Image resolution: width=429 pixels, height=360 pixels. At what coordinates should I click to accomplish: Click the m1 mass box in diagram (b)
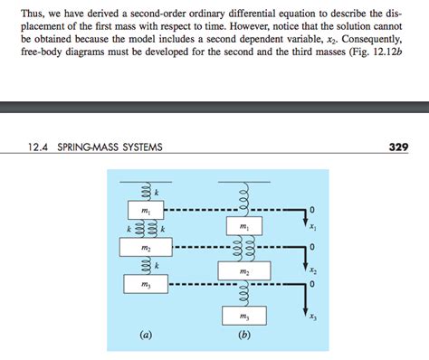click(242, 226)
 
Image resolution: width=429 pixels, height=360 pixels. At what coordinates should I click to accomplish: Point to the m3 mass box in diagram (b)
click(242, 317)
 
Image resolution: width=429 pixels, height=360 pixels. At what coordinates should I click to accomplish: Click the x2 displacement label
click(312, 270)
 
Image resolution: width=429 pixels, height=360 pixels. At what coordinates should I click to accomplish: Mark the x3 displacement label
click(312, 316)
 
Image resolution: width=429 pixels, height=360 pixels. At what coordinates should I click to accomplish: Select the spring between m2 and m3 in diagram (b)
click(242, 294)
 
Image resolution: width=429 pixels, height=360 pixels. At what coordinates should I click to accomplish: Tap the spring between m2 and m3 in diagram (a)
click(145, 267)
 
